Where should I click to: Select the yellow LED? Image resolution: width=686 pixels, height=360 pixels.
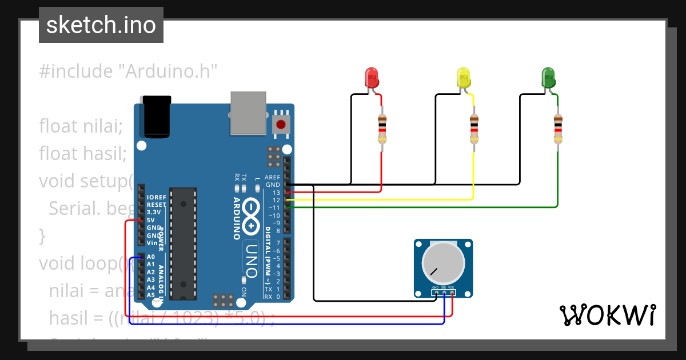[x=464, y=78]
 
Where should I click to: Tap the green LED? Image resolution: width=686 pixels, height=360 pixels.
[x=548, y=78]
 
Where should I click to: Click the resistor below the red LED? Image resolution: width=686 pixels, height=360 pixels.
[x=382, y=129]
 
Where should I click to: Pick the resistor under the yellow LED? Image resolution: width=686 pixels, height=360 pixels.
[x=473, y=129]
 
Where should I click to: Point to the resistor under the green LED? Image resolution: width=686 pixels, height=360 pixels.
[x=558, y=129]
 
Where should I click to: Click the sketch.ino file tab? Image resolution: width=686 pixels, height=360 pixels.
[x=101, y=25]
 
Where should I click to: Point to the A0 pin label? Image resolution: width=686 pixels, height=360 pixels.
[x=151, y=257]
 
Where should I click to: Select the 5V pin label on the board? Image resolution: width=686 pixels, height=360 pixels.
[x=151, y=220]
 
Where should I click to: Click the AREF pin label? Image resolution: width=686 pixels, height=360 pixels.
[x=272, y=178]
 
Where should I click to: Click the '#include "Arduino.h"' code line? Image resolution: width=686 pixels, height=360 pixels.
[x=129, y=71]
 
